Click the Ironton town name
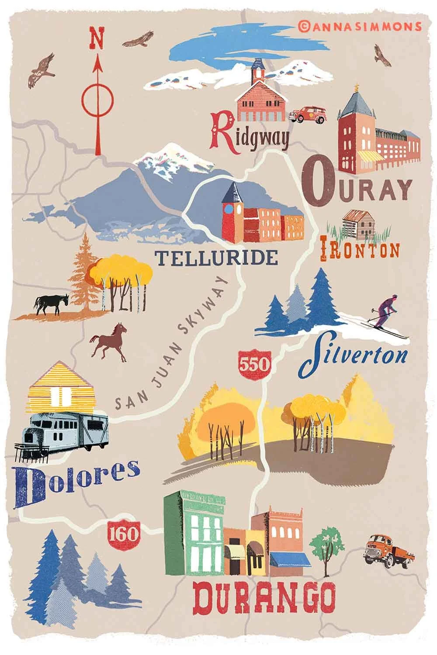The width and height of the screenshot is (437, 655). pyautogui.click(x=360, y=250)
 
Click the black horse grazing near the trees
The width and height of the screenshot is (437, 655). pyautogui.click(x=51, y=303)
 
